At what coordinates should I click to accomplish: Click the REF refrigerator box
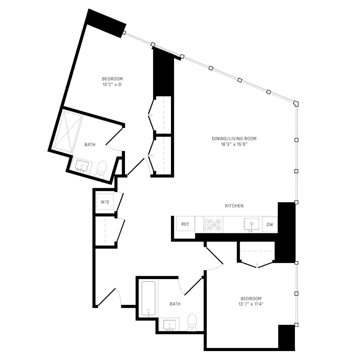[185, 224]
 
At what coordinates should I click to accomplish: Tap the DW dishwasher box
[270, 225]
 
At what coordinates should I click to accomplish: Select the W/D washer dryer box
[105, 202]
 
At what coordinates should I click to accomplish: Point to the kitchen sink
[251, 224]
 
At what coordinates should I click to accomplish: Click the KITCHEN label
[234, 206]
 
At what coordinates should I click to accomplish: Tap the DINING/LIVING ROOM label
[234, 139]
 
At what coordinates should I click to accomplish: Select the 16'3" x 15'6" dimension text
[234, 144]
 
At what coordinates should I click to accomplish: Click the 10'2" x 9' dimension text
[112, 85]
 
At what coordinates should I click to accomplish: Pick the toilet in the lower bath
[193, 322]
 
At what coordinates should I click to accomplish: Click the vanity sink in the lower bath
[170, 325]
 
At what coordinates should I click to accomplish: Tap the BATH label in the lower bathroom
[175, 304]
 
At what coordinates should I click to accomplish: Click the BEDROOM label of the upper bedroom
[112, 79]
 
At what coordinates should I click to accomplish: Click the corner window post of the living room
[296, 103]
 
